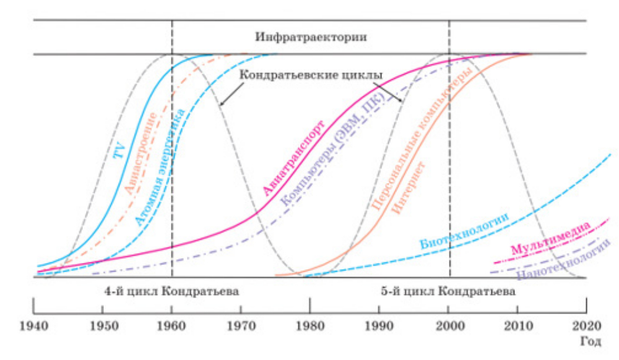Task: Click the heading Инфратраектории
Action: click(x=311, y=36)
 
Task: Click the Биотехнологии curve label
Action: click(x=464, y=229)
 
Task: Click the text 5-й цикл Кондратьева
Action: click(x=449, y=291)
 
